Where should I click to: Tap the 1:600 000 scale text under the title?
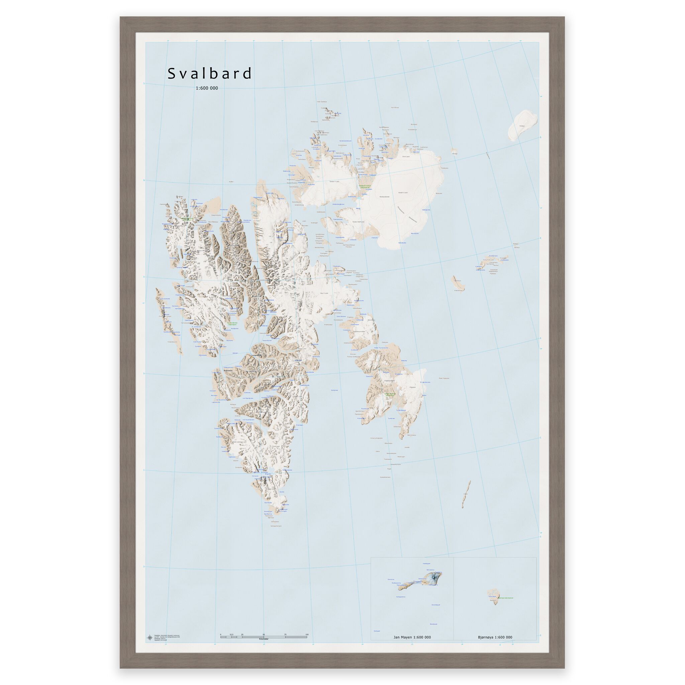click(x=207, y=88)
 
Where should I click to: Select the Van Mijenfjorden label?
click(x=248, y=398)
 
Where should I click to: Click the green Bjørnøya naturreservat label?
click(x=505, y=598)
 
